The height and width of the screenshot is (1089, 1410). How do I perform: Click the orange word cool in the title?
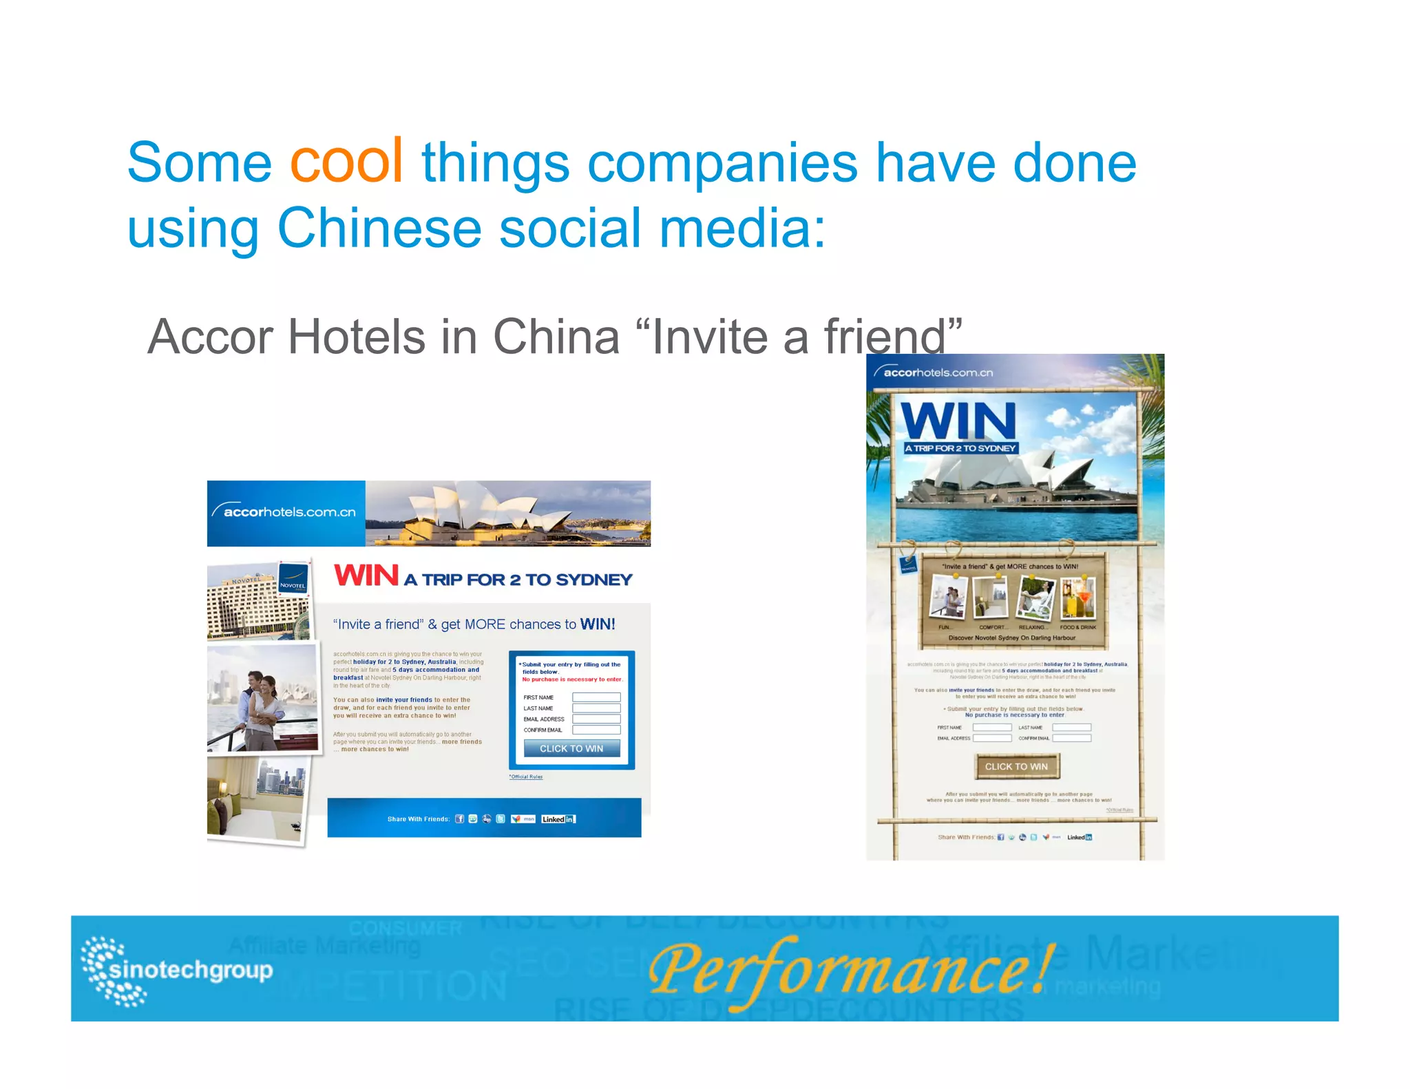pyautogui.click(x=346, y=162)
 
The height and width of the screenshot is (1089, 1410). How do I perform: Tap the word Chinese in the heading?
pyautogui.click(x=379, y=229)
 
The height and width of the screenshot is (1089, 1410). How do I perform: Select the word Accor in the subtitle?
pyautogui.click(x=211, y=337)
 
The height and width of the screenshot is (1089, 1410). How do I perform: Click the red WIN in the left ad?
pyautogui.click(x=366, y=575)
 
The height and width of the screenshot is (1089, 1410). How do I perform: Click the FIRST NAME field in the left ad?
pyautogui.click(x=596, y=697)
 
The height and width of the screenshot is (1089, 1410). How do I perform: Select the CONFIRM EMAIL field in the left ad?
pyautogui.click(x=596, y=730)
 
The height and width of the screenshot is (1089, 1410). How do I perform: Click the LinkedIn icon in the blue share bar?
pyautogui.click(x=558, y=819)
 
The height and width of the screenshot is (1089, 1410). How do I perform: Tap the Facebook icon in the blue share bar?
pyautogui.click(x=459, y=819)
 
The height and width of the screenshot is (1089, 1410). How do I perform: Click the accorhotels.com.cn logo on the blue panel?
pyautogui.click(x=285, y=511)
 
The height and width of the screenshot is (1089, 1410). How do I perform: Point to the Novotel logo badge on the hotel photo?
pyautogui.click(x=293, y=579)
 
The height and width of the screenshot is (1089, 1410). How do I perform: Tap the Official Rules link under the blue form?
pyautogui.click(x=526, y=777)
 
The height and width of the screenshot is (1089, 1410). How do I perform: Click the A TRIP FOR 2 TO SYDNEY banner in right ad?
pyautogui.click(x=960, y=448)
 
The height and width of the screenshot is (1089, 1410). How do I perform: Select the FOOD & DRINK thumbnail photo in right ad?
pyautogui.click(x=1077, y=597)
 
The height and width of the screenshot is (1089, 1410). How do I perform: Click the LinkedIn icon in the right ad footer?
pyautogui.click(x=1080, y=837)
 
